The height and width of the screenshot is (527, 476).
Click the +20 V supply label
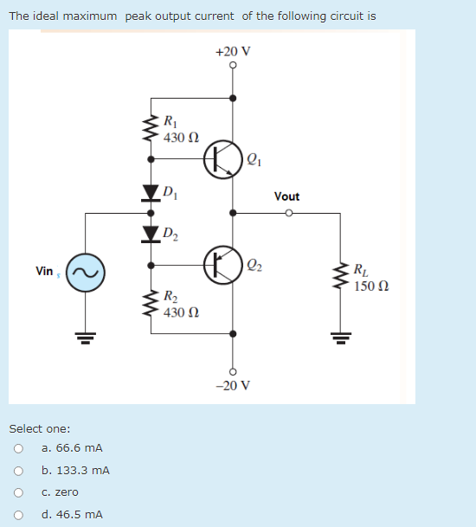tap(232, 51)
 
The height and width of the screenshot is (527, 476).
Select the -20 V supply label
tap(232, 385)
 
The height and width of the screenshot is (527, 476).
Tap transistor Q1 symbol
tap(221, 160)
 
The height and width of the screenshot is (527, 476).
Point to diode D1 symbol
tap(152, 192)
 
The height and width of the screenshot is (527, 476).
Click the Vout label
tap(286, 196)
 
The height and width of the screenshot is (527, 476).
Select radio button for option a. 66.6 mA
tap(18, 448)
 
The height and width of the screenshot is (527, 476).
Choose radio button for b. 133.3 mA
tap(18, 471)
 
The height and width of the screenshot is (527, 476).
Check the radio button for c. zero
tap(18, 492)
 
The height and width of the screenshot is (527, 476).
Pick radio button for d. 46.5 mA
tap(18, 515)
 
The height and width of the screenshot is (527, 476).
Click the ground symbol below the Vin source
tap(86, 336)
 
